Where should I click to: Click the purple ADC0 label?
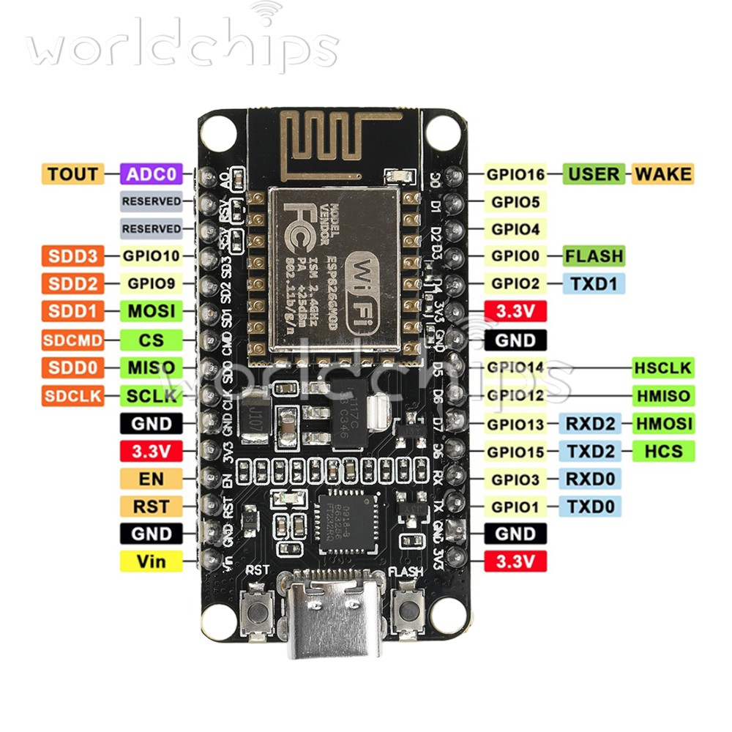tap(152, 174)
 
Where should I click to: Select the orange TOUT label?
tap(72, 174)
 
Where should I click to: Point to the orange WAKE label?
tap(662, 174)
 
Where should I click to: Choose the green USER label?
tap(594, 174)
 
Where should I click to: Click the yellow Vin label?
tap(151, 561)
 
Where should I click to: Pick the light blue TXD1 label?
tap(594, 284)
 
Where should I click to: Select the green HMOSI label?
tap(663, 423)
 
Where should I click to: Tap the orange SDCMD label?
tap(72, 340)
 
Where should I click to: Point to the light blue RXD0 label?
tap(590, 479)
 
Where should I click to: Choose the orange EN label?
tap(151, 479)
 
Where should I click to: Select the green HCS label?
tap(663, 451)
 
